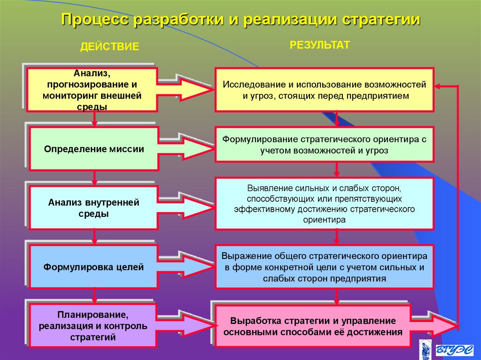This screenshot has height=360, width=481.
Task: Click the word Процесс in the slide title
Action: pos(95,20)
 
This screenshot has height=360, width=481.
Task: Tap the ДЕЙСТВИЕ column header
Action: pos(109,46)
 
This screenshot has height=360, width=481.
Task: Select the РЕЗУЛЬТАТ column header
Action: pos(319,45)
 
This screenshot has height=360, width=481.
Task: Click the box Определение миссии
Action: pos(93,149)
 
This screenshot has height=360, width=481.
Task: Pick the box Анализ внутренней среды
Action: pos(93,208)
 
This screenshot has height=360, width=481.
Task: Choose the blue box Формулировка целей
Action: pos(93,268)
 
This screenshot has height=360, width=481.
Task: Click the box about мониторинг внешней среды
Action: pos(92,89)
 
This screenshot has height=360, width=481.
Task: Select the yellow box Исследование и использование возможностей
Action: pos(324,90)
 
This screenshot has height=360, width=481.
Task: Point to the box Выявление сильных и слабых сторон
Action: pos(324,203)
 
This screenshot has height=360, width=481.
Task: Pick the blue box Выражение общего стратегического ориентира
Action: pos(324,267)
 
